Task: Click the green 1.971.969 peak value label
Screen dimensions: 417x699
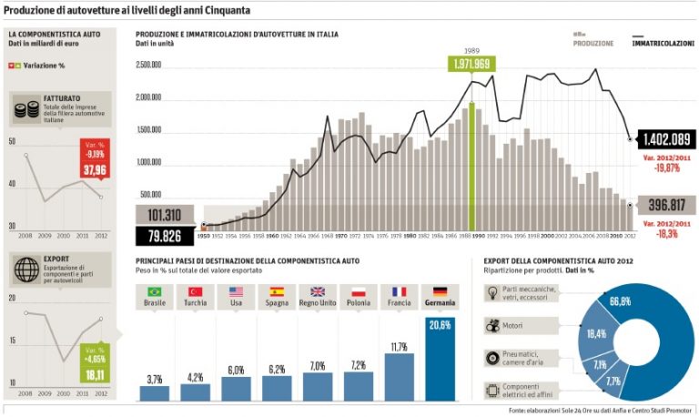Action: [471, 63]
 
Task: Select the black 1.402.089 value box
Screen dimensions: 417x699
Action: [667, 139]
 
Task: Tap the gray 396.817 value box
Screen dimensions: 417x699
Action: [667, 205]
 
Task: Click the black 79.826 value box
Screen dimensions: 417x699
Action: [167, 237]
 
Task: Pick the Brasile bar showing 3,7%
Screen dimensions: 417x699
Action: [154, 392]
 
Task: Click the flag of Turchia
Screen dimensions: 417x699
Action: [195, 292]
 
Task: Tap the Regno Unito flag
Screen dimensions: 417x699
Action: [318, 292]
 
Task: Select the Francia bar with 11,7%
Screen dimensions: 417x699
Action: [399, 376]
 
